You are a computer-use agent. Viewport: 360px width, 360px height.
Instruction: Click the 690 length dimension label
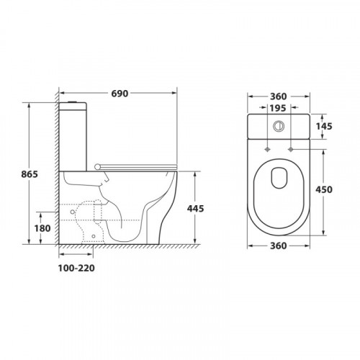pos(120,94)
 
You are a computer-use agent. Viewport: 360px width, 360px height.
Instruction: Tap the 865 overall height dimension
pos(30,174)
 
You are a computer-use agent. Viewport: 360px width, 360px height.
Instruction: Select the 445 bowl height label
pos(195,209)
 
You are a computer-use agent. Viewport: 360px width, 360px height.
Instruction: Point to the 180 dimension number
pos(42,228)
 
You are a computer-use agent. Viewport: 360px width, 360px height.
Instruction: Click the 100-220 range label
pos(76,268)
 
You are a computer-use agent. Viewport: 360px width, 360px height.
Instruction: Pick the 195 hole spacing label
pos(278,108)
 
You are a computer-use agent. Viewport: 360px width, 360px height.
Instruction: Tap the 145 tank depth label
pos(324,126)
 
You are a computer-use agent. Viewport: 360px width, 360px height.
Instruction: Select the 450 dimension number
pos(324,189)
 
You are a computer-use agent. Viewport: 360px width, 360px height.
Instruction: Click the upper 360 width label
pos(279,96)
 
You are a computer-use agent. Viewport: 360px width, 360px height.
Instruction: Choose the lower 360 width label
pos(279,246)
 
